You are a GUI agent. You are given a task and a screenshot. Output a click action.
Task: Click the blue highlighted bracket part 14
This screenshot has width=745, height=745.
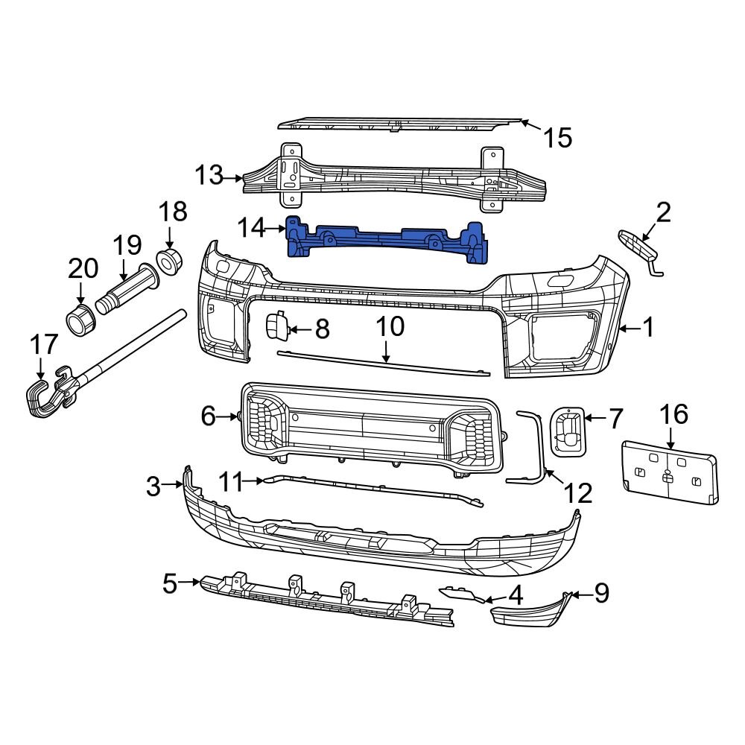click(387, 240)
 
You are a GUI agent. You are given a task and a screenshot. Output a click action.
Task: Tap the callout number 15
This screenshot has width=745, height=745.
click(557, 137)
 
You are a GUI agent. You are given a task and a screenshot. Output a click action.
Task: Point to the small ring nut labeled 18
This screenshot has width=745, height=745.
click(170, 262)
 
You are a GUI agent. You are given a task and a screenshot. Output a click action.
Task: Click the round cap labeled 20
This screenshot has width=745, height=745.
click(80, 318)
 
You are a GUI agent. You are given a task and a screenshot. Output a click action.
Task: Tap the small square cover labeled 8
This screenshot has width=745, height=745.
click(276, 327)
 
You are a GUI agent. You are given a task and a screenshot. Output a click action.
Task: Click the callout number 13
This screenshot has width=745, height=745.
click(209, 177)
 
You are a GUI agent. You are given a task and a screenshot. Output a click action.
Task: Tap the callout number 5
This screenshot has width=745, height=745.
click(171, 583)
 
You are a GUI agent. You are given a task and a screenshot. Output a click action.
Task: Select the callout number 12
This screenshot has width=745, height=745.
click(578, 492)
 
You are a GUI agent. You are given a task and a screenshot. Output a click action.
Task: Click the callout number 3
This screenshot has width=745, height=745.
click(153, 486)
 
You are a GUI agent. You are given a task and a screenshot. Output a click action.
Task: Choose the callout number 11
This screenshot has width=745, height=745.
click(231, 483)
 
